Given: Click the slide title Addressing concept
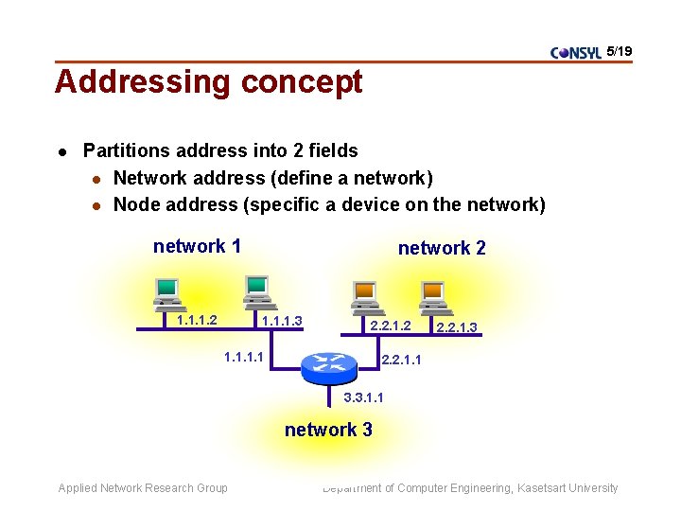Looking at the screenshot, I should point(208,82).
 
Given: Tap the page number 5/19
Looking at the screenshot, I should point(620,51).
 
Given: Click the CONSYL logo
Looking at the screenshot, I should point(575,53).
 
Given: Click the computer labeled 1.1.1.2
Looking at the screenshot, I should point(167,294).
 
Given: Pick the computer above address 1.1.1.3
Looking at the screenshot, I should point(256,291).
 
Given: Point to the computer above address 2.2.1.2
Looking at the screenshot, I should point(365,297).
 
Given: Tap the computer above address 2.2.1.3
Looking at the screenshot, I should point(432,297).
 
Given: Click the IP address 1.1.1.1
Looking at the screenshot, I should point(243,357).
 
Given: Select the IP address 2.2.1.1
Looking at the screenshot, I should point(401,360).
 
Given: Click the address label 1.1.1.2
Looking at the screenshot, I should point(197,320).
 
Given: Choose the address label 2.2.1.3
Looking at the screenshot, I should point(456,327).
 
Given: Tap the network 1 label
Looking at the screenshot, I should point(197,246).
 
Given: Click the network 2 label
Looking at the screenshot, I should point(442,248).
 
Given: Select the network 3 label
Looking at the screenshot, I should point(328,430).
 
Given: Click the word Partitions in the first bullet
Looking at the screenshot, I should point(125,150).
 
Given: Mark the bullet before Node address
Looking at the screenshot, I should point(96,205).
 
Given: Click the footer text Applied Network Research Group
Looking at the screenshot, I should point(143,488).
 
